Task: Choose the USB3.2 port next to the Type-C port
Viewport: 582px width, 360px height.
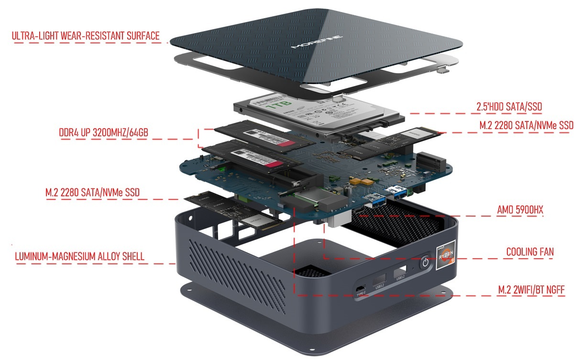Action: coord(380,280)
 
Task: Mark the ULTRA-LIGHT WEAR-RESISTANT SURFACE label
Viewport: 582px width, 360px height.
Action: coord(86,36)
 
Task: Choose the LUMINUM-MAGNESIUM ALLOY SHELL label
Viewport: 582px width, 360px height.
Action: coord(80,256)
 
